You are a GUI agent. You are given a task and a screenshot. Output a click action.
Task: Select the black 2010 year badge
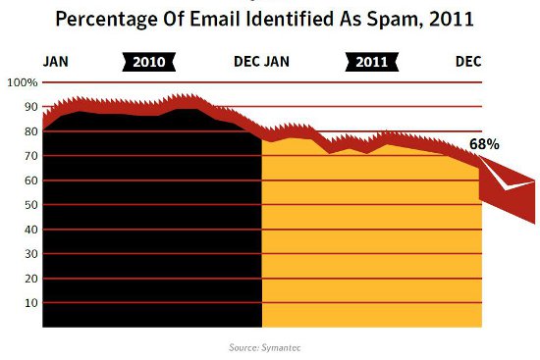[149, 62]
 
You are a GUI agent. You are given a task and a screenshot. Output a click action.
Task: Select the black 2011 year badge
[371, 62]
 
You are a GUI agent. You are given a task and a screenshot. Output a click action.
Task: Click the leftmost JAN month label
[55, 62]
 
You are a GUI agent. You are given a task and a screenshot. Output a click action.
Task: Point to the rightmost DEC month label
[468, 62]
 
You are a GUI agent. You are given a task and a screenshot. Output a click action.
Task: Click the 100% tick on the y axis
[22, 82]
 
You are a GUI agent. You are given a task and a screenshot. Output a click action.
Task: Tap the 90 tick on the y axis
[29, 107]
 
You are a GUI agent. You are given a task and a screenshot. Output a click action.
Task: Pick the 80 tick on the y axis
[29, 131]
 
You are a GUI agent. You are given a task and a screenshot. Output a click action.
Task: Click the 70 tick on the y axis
[29, 156]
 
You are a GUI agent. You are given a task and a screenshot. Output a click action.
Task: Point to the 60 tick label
[29, 180]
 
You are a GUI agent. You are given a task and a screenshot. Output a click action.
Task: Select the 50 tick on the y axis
[29, 205]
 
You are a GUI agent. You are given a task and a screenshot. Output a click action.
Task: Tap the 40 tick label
[29, 230]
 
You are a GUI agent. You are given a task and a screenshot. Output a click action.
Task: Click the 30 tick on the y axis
[29, 254]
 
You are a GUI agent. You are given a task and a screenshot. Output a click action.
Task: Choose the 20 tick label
[29, 279]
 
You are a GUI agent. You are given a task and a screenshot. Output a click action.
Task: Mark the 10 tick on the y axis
[29, 303]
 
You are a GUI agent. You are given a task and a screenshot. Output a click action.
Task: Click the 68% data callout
[484, 144]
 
